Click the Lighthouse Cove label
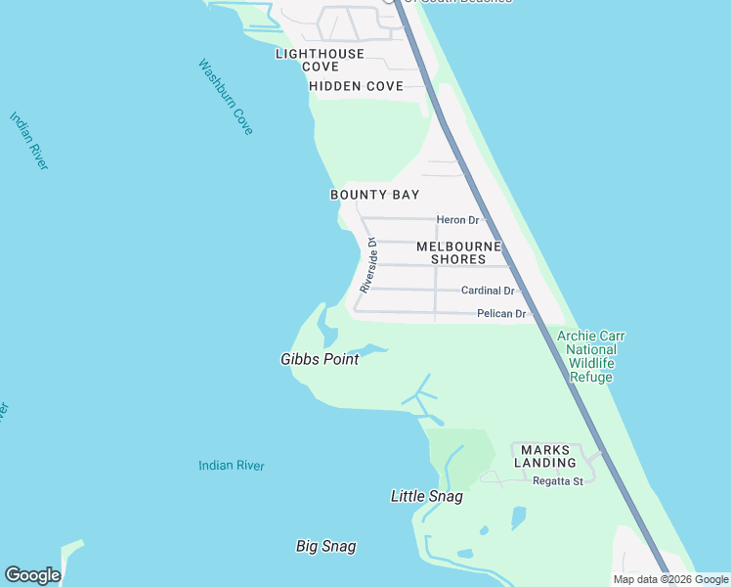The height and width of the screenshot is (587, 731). click(x=320, y=60)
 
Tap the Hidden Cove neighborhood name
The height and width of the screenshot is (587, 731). click(x=356, y=86)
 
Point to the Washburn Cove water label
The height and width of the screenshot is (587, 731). click(x=226, y=98)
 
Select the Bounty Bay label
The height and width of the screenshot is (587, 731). click(x=374, y=195)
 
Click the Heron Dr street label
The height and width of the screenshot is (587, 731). click(x=457, y=220)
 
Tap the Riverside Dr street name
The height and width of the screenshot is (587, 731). click(x=368, y=265)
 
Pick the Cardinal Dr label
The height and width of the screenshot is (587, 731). click(x=488, y=291)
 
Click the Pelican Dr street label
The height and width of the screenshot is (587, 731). click(x=501, y=314)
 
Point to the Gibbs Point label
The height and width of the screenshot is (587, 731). click(x=320, y=359)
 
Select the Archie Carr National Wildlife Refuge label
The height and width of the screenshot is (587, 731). click(x=590, y=356)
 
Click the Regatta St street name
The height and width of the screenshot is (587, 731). click(x=557, y=480)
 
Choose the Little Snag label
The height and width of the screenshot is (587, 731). click(x=426, y=496)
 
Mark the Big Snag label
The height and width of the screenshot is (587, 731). click(x=325, y=546)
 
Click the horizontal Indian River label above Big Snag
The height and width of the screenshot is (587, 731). click(x=231, y=466)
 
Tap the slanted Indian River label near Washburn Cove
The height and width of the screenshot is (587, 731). click(x=28, y=141)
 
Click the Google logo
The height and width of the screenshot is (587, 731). click(x=32, y=575)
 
